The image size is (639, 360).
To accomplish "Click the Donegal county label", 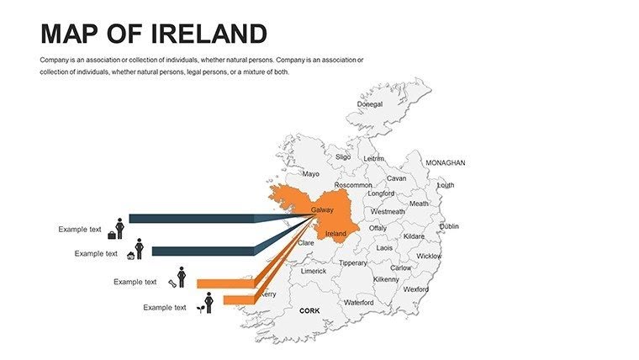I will [369, 104].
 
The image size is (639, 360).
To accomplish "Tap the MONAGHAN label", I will [446, 162].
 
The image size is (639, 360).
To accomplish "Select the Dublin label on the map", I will [449, 226].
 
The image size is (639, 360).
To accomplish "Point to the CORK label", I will [309, 310].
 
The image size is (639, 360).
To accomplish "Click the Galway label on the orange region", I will [322, 209].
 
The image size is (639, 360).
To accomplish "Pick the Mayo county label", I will [311, 174].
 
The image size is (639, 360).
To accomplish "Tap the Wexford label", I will [415, 289].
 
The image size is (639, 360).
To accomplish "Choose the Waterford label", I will [358, 302].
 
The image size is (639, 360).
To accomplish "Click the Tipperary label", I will [352, 262].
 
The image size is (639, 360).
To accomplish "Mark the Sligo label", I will [343, 156].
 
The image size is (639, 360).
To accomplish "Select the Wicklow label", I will [429, 256].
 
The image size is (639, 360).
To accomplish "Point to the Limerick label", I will [314, 271].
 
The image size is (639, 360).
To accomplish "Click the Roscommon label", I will [352, 184].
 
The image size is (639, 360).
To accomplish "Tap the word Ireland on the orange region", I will [335, 233].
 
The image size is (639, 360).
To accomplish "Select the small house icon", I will [130, 255].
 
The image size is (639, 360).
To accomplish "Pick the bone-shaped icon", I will [172, 283].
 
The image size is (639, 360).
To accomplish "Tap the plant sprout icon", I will [199, 309].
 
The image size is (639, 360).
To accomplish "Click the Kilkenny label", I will [386, 278].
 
